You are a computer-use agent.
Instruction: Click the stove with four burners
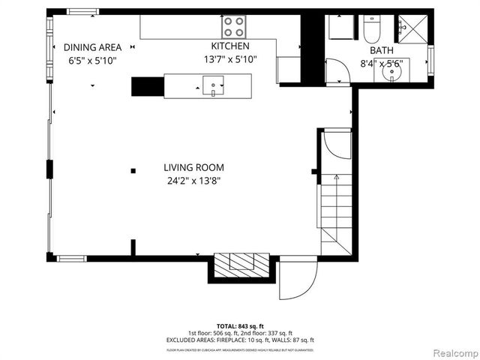pos(234,27)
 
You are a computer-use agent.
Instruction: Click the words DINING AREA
pos(92,46)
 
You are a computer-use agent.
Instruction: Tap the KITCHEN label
pos(230,46)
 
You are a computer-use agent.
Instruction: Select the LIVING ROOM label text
pos(194,168)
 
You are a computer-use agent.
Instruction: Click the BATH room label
pos(381,50)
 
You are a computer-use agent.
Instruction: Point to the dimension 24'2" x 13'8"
pos(194,181)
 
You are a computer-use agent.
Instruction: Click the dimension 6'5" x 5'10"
pos(92,59)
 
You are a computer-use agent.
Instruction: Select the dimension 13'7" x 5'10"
pos(230,59)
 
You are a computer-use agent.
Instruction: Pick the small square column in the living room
pos(133,170)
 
